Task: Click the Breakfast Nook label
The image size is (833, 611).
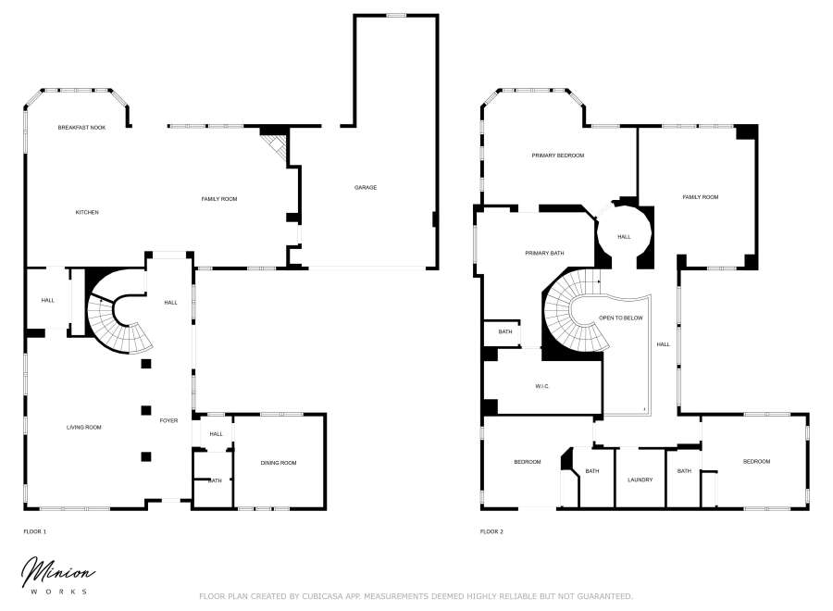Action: (81, 127)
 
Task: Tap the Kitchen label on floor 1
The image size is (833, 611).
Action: (87, 212)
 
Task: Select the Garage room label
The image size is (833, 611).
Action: (366, 188)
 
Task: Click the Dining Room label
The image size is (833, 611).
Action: (279, 463)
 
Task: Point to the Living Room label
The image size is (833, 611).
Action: (83, 427)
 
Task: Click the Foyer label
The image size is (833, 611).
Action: (168, 420)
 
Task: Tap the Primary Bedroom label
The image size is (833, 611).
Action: (558, 156)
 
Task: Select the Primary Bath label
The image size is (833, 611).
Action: (544, 253)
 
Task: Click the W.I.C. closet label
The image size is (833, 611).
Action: (542, 386)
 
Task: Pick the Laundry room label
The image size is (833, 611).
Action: (640, 480)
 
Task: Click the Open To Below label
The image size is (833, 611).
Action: (620, 318)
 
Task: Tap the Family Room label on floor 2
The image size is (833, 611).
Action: (701, 197)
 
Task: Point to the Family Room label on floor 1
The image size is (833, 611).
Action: (219, 199)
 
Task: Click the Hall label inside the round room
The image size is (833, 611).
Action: (625, 237)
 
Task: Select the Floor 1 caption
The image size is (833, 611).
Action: (34, 531)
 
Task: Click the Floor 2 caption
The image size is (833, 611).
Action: (491, 531)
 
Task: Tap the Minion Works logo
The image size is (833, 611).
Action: (56, 574)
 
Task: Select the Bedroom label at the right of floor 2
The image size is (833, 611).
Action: (756, 461)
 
